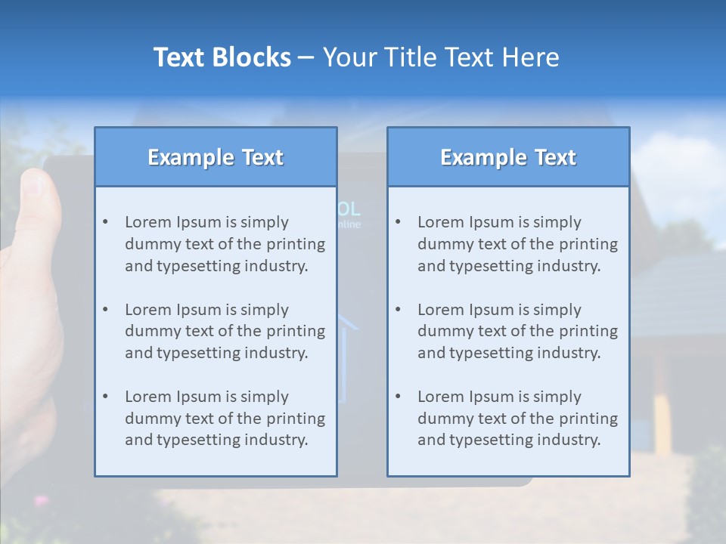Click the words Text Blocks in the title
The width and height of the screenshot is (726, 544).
[222, 57]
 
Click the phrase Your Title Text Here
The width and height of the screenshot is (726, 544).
[441, 57]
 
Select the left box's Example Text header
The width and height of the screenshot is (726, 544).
[216, 157]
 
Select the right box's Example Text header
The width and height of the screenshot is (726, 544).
[508, 157]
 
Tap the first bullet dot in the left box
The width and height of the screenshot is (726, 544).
[105, 222]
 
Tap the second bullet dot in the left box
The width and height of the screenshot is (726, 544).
[105, 310]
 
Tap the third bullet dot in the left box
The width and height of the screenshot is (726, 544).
[105, 397]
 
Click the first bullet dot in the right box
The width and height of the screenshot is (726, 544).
[398, 222]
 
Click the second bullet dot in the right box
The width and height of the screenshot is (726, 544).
[398, 310]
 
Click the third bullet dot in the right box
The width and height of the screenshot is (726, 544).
[398, 397]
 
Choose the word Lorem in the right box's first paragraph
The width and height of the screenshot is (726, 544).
[439, 222]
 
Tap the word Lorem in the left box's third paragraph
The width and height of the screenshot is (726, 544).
[146, 397]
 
